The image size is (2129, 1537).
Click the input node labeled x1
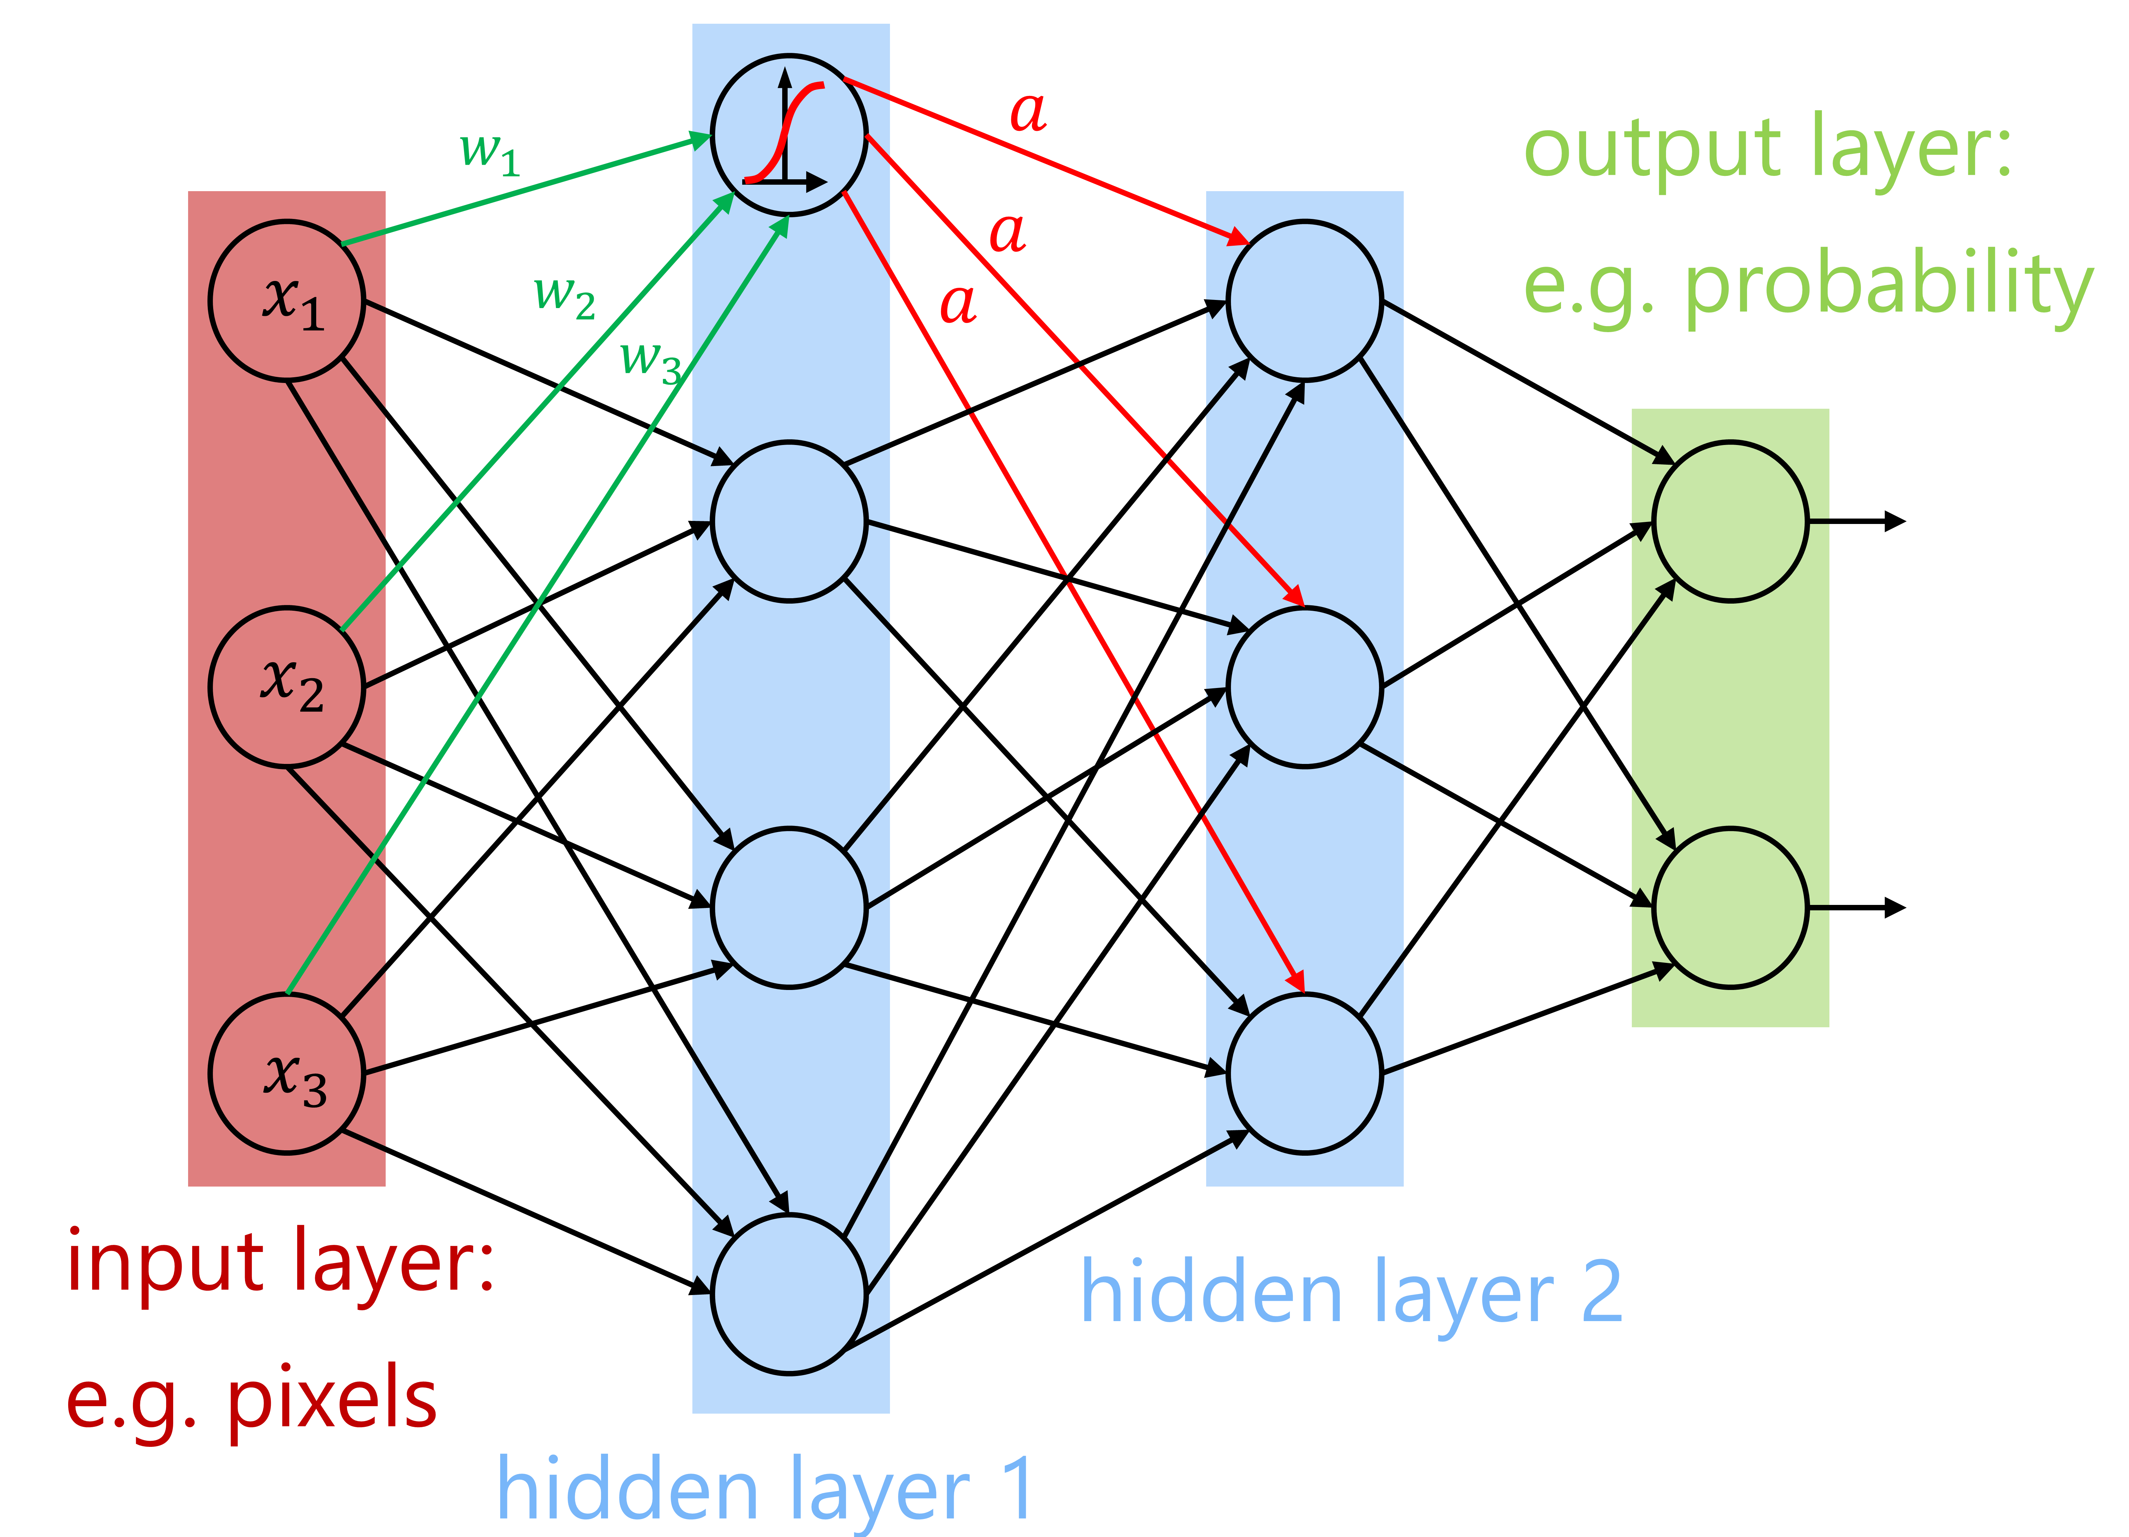(x=286, y=300)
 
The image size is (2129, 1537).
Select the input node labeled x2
(x=286, y=687)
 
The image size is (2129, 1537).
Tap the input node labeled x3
(x=286, y=1073)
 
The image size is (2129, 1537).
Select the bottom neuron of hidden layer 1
(x=789, y=1294)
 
